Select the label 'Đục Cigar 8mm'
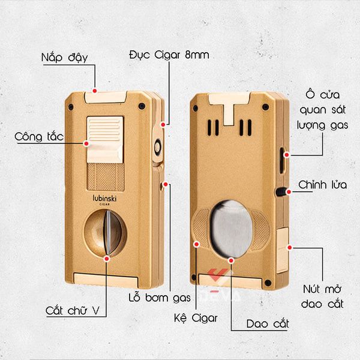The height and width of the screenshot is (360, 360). pos(169,56)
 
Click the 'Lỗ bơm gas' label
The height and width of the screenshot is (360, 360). pos(160,296)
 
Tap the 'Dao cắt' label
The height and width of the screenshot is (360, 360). pos(268,325)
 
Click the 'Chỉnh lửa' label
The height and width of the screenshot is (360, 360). pos(322,185)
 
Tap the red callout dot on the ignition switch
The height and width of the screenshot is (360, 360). pos(86,144)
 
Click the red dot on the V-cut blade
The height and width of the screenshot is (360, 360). pos(107,258)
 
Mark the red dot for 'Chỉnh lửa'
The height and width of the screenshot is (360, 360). pos(289,192)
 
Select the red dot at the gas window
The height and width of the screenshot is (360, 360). pos(287,154)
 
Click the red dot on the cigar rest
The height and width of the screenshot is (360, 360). pos(196,243)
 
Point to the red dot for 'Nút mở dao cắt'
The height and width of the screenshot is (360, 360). pos(289,246)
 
